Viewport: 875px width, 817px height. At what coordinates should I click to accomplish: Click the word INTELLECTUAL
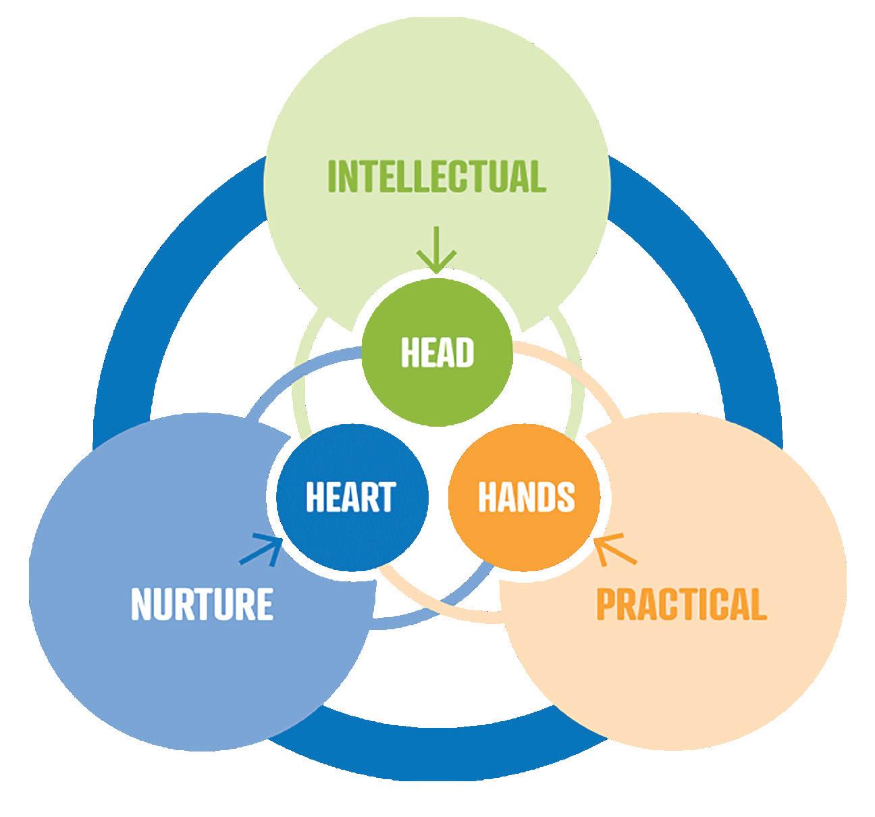(x=436, y=176)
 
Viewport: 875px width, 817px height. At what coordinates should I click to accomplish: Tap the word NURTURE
(x=202, y=604)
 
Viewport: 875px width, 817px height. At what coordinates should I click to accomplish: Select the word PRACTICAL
(x=681, y=604)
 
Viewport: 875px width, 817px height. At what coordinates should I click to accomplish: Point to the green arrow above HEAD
(x=437, y=250)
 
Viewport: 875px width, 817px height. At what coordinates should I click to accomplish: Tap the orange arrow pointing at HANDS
(x=616, y=548)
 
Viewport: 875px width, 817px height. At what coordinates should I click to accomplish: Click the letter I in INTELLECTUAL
(x=332, y=176)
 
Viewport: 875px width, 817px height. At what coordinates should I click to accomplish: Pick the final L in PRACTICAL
(x=758, y=604)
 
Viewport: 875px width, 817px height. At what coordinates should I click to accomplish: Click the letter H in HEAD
(x=410, y=352)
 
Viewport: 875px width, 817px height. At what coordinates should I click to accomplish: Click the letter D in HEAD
(x=464, y=352)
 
